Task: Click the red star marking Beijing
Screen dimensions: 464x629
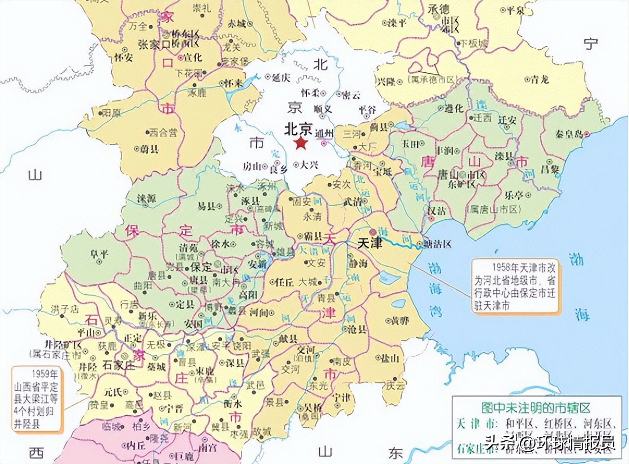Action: [x=300, y=144]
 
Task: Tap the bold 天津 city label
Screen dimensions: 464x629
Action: [x=370, y=243]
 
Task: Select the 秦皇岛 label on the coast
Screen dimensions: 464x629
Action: [x=569, y=134]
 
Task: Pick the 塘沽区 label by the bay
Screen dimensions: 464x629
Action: [x=437, y=244]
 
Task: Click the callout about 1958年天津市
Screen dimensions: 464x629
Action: [x=514, y=286]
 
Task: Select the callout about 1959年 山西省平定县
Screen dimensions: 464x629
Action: [x=36, y=398]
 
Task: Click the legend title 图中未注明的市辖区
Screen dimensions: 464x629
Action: [x=536, y=407]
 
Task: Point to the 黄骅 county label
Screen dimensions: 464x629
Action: [x=399, y=321]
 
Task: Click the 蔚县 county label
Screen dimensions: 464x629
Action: [x=149, y=149]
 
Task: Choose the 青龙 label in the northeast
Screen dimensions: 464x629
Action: [x=539, y=79]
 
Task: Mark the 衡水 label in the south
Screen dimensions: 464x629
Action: [x=233, y=403]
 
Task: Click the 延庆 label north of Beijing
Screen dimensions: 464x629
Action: [x=281, y=77]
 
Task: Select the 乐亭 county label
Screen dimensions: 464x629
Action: [x=514, y=195]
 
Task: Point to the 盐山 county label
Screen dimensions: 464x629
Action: [x=390, y=358]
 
